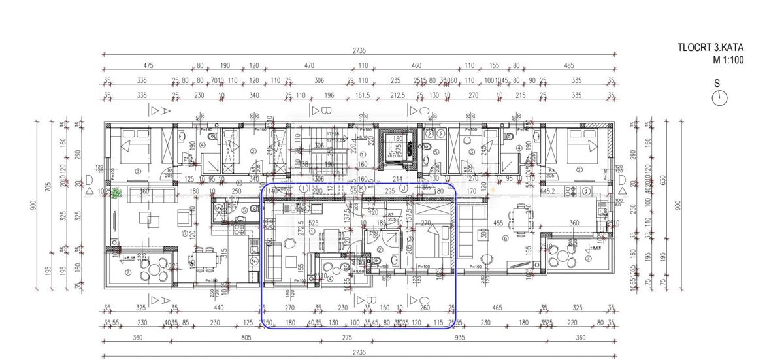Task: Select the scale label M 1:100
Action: (x=728, y=60)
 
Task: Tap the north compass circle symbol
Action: (x=720, y=98)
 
